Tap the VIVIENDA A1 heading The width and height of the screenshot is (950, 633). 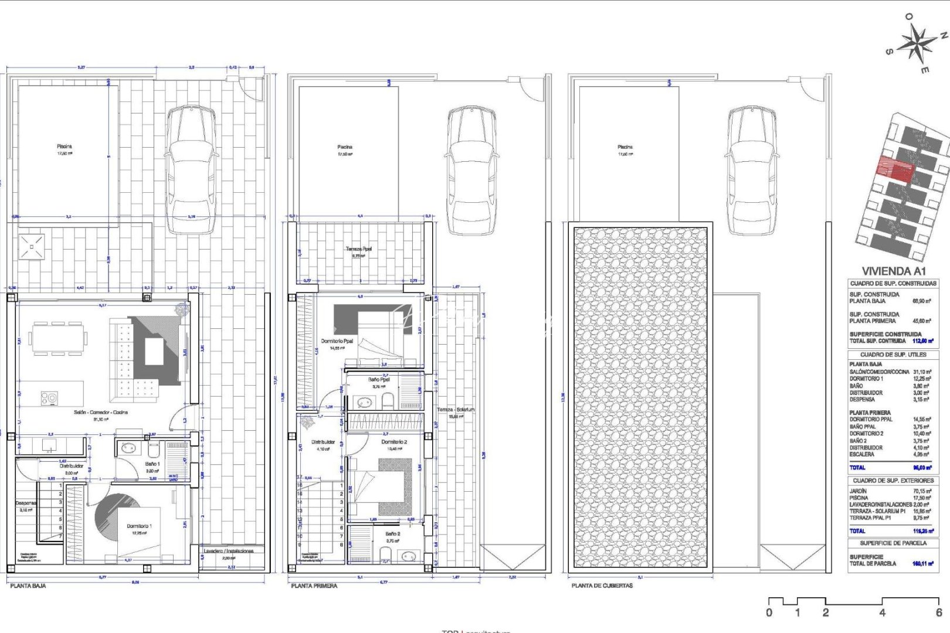coord(893,271)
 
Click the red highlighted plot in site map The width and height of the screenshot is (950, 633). coord(895,171)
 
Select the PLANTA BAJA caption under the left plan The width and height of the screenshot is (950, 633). coord(28,586)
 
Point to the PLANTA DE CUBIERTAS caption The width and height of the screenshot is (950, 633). coord(602,586)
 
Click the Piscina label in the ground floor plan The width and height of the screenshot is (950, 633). coord(65,147)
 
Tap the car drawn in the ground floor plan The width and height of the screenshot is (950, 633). coord(192,170)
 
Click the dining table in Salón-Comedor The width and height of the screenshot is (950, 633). coord(57,338)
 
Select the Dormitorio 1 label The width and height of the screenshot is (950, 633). coord(139,526)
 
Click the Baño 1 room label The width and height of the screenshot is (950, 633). coord(152,464)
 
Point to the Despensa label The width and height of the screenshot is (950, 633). coord(26,503)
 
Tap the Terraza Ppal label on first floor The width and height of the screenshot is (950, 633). coord(358,249)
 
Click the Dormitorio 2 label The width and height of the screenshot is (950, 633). coord(393,442)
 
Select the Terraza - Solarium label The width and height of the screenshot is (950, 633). coord(456,410)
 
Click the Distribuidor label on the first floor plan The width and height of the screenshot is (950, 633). coord(323,442)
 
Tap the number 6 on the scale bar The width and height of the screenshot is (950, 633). coord(938,612)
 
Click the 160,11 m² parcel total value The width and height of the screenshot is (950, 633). coord(922,564)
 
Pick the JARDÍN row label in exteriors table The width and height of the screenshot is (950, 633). coord(858,491)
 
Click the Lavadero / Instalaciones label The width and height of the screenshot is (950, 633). coord(229,551)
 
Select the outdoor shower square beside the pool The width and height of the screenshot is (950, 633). coord(31,247)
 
